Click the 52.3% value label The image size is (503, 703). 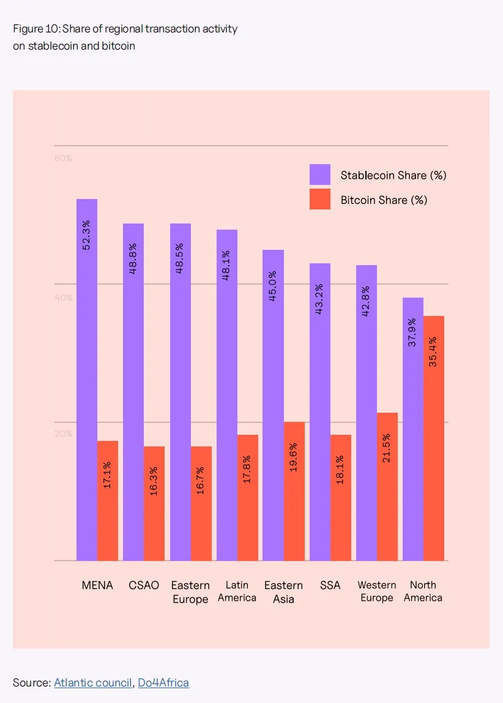(86, 235)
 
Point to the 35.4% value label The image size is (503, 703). (433, 351)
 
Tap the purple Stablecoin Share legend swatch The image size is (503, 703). (319, 175)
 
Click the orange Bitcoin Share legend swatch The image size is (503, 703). (319, 199)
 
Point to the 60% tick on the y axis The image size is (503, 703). (63, 158)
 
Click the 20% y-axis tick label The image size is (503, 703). (63, 434)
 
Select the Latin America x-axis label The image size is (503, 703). (237, 591)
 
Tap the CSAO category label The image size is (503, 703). (144, 585)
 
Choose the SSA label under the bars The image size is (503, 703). (330, 585)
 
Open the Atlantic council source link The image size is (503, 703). (92, 682)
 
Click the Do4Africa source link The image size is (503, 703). (163, 682)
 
